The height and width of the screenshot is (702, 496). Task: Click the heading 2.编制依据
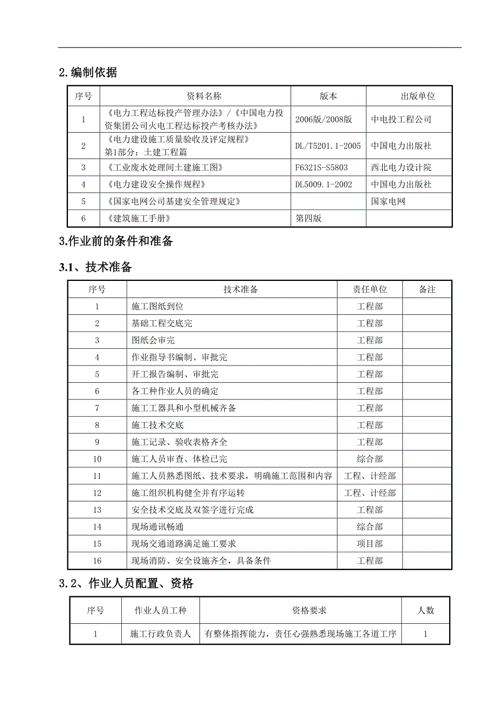coord(88,73)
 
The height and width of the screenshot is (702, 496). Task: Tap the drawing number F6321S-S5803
coord(321,168)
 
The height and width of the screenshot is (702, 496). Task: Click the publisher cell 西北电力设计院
coord(401,168)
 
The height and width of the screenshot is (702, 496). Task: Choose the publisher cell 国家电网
coord(388,202)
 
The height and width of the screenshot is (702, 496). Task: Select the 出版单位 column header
coord(417,97)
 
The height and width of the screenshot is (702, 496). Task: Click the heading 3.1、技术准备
coord(95,267)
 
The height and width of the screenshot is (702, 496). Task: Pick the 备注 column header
coord(427,290)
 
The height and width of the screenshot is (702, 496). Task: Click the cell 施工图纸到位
coord(157,306)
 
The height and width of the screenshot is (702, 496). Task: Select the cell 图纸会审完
coord(153,340)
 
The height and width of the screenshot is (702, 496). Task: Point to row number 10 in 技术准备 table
coord(97,459)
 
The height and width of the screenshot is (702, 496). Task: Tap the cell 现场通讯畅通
coord(157,527)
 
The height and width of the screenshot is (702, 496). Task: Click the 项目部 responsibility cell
coord(370,543)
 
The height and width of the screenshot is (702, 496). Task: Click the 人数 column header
coord(425,610)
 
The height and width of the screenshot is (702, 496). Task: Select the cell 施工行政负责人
coord(161,634)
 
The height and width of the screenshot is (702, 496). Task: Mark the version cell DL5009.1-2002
coord(323,184)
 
